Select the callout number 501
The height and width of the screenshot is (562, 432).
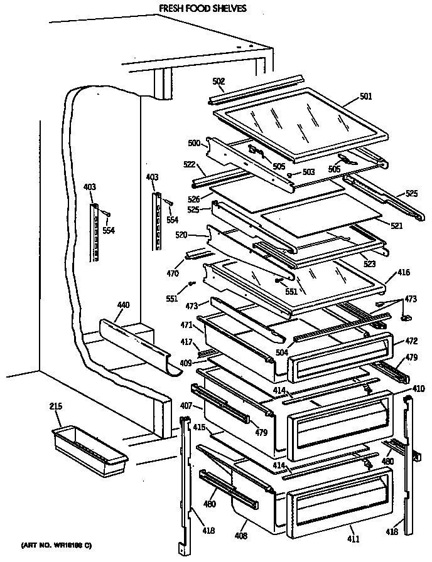[365, 97]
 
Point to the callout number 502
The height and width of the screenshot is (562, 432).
[218, 82]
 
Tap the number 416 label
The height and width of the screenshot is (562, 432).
[403, 273]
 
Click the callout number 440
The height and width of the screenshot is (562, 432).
[124, 305]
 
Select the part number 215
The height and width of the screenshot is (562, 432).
[56, 407]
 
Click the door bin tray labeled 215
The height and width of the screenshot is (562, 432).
[88, 448]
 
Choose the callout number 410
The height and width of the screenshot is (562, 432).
[418, 389]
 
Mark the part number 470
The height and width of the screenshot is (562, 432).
[171, 273]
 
